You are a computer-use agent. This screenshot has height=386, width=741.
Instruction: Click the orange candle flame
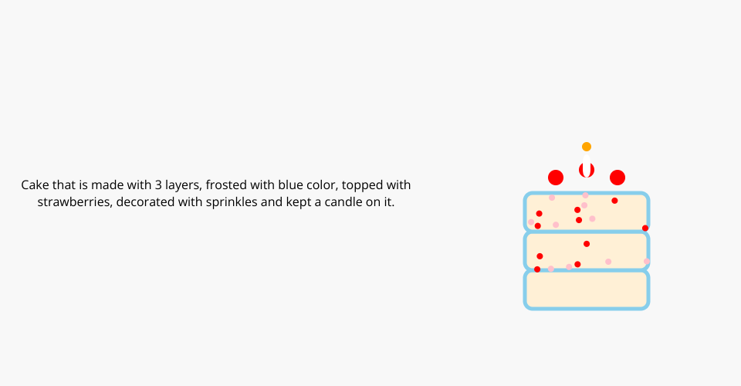(x=587, y=147)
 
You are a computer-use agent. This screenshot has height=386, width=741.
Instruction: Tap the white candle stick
(x=587, y=165)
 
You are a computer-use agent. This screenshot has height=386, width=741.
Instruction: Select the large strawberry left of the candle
(x=556, y=178)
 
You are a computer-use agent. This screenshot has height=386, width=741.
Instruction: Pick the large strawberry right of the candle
(x=617, y=178)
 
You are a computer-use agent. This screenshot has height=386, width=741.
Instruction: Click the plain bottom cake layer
(x=587, y=289)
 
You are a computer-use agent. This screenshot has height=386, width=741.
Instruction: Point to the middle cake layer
(x=587, y=251)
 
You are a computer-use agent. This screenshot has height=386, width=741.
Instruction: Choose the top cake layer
(x=587, y=212)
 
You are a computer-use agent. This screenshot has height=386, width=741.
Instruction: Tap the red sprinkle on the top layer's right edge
(x=645, y=229)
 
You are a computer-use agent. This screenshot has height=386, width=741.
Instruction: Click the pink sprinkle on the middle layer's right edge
(x=647, y=261)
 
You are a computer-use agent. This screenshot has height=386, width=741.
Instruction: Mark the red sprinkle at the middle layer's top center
(x=587, y=244)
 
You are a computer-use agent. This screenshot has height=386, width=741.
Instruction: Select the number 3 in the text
(x=158, y=185)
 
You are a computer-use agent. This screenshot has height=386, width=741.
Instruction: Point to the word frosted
(x=223, y=185)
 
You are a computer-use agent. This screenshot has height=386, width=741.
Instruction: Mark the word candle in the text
(x=340, y=201)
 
